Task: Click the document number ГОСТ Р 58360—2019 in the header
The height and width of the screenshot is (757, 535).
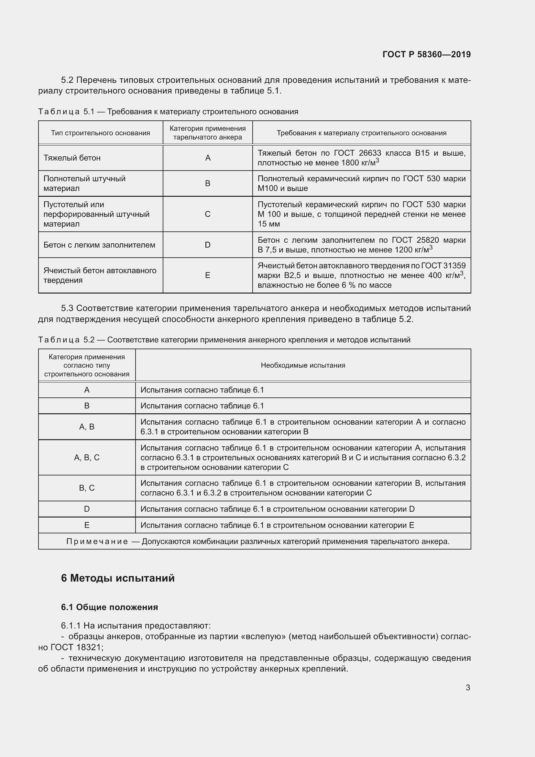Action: [x=426, y=54]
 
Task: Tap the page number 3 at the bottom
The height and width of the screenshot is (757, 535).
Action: [x=468, y=687]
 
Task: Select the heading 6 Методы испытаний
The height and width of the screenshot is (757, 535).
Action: [x=118, y=578]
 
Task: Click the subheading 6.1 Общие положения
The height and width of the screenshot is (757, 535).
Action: [x=109, y=607]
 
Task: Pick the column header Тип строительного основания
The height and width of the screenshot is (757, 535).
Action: [x=101, y=133]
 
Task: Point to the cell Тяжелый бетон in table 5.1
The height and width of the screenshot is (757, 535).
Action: [x=72, y=158]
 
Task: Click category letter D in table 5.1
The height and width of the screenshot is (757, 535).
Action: [x=208, y=245]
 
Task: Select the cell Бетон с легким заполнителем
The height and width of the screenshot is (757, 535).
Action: [x=99, y=245]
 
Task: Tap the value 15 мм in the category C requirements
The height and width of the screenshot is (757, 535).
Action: [x=269, y=224]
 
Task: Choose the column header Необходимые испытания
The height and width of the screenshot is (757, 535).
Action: [x=303, y=365]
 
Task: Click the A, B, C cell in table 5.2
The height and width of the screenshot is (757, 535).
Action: [x=87, y=457]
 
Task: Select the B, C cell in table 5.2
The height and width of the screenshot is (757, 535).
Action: [x=87, y=488]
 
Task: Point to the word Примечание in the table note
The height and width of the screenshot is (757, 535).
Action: [x=97, y=541]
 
